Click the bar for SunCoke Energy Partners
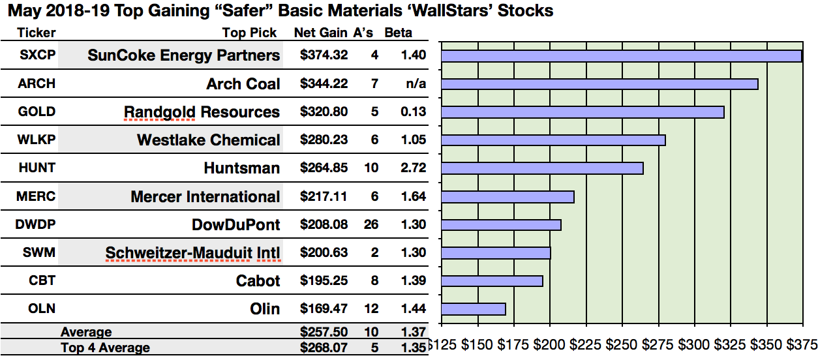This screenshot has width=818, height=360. tap(621, 56)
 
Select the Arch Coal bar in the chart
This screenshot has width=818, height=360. tap(599, 84)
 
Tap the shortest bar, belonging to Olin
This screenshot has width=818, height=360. tap(474, 309)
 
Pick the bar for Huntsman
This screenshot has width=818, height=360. tap(542, 168)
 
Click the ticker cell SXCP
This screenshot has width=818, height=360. tap(37, 55)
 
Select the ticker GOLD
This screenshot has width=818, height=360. tap(37, 112)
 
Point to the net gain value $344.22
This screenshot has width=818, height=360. tap(324, 84)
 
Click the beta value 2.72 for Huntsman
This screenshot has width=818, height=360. tap(414, 168)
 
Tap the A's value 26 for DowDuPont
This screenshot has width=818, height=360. tap(374, 224)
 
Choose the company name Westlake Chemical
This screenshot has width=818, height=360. tap(208, 140)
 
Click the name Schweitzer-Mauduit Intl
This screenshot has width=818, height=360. tap(192, 253)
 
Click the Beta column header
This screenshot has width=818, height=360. tap(398, 33)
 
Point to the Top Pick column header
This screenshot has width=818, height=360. tap(249, 33)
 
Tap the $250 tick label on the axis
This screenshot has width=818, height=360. tap(622, 345)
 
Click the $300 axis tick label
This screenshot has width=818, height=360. tap(693, 345)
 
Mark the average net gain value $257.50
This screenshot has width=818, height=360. tap(324, 333)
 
